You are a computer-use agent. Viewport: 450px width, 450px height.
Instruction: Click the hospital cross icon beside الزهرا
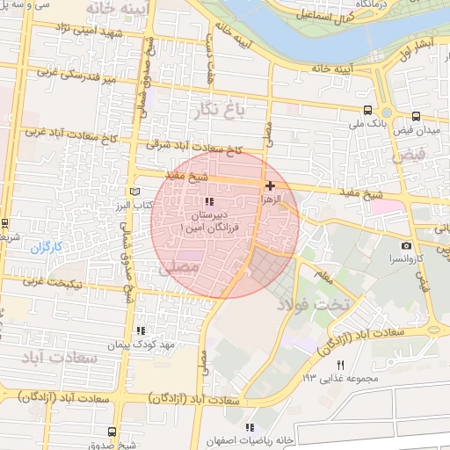[270, 186]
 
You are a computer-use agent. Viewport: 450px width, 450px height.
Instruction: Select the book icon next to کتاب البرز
[134, 192]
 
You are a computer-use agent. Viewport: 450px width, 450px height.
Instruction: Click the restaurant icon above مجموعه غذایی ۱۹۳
[341, 364]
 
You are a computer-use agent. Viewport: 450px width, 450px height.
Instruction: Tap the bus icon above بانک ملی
[367, 111]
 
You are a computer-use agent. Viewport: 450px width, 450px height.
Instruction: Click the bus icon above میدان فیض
[416, 116]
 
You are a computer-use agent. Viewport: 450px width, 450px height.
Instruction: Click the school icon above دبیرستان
[208, 202]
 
